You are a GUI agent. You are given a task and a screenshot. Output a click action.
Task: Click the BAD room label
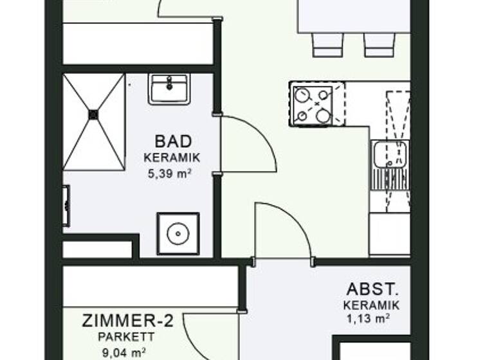pos(173,141)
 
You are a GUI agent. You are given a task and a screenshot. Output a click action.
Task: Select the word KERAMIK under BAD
pos(172,157)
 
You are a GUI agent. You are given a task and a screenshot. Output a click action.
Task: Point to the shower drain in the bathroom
pos(93,114)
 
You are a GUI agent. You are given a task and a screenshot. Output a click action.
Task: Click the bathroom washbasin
pos(169,89)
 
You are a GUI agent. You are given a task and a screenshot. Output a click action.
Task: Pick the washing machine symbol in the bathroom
pos(178,234)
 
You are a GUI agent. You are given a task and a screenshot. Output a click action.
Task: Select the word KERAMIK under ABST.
pos(371,305)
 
